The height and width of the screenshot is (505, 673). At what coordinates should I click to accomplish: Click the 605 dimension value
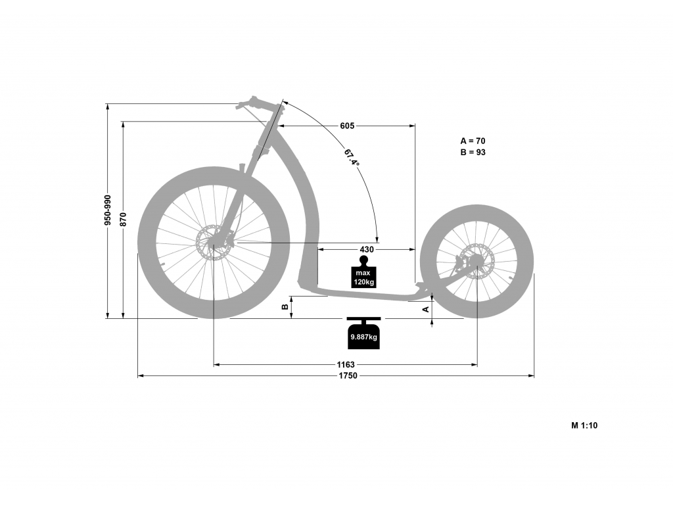[347, 126]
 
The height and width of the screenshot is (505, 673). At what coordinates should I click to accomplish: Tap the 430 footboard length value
[367, 249]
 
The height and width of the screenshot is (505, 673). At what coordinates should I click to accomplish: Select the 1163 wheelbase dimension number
[346, 364]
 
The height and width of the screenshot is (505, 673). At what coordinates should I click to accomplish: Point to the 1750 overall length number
[348, 375]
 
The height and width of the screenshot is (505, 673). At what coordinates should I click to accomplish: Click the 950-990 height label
[108, 210]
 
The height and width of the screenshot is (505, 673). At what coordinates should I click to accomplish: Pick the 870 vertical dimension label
[124, 219]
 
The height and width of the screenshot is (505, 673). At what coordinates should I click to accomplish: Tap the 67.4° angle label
[352, 158]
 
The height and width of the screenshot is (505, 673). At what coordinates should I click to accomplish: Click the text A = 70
[473, 141]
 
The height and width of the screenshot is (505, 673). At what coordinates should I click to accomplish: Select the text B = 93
[473, 152]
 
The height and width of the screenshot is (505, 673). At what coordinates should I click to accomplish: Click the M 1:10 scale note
[584, 425]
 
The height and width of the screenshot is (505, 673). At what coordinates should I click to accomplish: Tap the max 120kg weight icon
[364, 272]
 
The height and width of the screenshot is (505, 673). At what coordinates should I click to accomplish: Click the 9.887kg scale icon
[363, 333]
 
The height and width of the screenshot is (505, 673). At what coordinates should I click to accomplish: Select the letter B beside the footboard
[284, 307]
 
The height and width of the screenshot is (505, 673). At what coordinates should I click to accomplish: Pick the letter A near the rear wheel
[426, 309]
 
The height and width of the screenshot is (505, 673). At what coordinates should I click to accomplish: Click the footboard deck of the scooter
[369, 294]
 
